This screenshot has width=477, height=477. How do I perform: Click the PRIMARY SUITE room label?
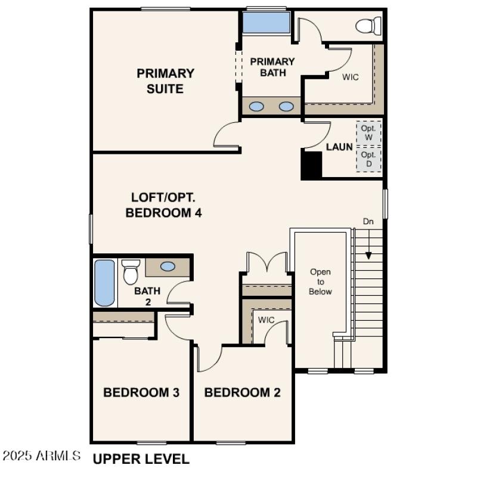165,81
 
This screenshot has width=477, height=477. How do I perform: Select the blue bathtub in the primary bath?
265,23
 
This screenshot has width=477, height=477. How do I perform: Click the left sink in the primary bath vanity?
256,107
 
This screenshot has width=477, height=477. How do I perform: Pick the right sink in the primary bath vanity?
287,107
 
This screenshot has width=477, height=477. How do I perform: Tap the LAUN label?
339,147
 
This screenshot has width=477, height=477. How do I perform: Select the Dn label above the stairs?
368,221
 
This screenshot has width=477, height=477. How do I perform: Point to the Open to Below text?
320,281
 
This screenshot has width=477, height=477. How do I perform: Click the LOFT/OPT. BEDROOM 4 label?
163,205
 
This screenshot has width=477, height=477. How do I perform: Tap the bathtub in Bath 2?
105,282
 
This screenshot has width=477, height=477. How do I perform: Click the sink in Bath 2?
168,267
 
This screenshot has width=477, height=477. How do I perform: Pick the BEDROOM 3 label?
141,392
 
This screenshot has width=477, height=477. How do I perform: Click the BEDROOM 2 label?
242,392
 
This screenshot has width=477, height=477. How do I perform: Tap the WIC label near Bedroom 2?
266,320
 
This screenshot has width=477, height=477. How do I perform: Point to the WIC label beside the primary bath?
350,77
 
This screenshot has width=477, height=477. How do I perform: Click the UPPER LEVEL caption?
141,459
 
